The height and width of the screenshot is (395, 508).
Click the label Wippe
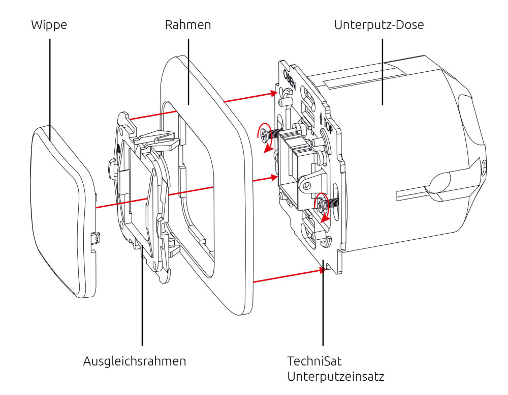pyautogui.click(x=49, y=25)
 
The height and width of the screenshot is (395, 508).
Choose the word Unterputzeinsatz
pyautogui.click(x=335, y=377)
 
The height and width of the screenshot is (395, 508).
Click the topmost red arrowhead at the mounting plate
pyautogui.click(x=274, y=93)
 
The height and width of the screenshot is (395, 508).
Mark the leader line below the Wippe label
pyautogui.click(x=50, y=81)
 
